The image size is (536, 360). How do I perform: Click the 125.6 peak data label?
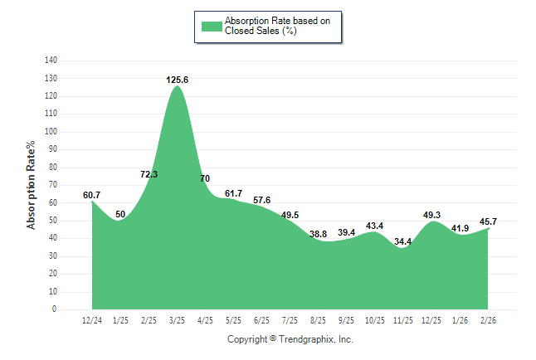[x=177, y=80]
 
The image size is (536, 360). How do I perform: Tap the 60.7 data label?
[x=92, y=195]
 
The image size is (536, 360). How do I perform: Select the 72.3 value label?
[x=149, y=174]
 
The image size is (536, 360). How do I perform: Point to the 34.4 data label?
[x=403, y=241]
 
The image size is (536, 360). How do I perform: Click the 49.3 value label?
[x=431, y=215]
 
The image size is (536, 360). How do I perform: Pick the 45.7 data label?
[x=489, y=221]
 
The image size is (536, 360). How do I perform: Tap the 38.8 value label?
[x=319, y=234]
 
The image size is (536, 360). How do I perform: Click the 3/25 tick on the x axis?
[x=177, y=320]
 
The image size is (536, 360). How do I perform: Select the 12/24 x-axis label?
[x=92, y=320]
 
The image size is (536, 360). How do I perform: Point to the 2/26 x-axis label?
[x=489, y=320]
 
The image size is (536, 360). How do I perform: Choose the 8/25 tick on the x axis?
[x=319, y=320]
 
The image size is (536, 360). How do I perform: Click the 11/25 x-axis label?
[x=403, y=320]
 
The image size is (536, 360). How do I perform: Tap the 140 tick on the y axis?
[x=51, y=61]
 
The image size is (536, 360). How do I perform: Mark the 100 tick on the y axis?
[x=51, y=132]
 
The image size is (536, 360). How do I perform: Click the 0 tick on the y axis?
[x=56, y=309]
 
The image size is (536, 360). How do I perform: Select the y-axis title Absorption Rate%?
[x=32, y=184]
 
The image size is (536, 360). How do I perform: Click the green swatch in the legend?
[x=212, y=26]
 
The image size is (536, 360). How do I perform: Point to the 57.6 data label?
[x=262, y=201]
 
